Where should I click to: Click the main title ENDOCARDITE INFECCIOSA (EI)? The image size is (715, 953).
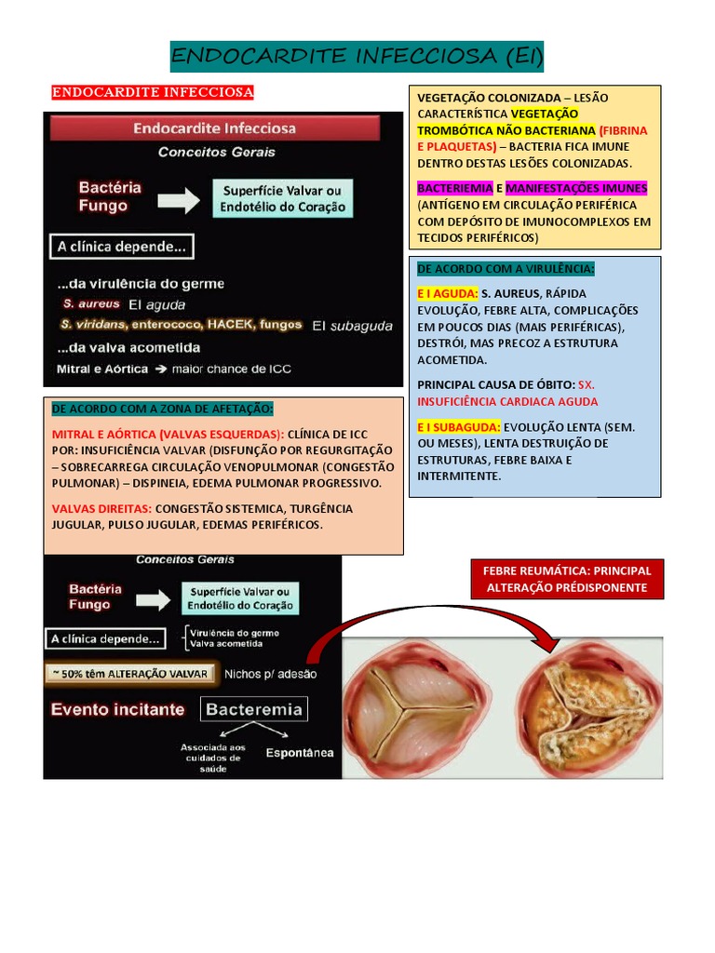tap(357, 57)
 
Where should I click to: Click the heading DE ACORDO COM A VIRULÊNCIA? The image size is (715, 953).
tap(506, 268)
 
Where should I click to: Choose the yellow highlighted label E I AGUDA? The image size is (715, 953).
tap(447, 293)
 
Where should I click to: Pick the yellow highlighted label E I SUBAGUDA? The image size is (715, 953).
tap(458, 426)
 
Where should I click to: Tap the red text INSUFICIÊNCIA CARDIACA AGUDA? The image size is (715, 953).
tap(507, 401)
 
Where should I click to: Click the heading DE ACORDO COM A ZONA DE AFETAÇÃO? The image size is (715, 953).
tap(163, 409)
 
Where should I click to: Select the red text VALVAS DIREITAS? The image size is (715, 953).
tap(101, 508)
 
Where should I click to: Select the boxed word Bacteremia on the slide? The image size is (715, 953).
tap(254, 709)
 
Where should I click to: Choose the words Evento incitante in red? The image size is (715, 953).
tap(117, 709)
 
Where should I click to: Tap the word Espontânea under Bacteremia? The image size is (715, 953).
tap(300, 753)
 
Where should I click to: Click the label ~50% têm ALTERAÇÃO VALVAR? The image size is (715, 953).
tap(131, 674)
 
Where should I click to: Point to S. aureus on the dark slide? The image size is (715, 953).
tap(91, 304)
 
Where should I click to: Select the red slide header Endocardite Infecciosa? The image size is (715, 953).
tap(215, 128)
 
